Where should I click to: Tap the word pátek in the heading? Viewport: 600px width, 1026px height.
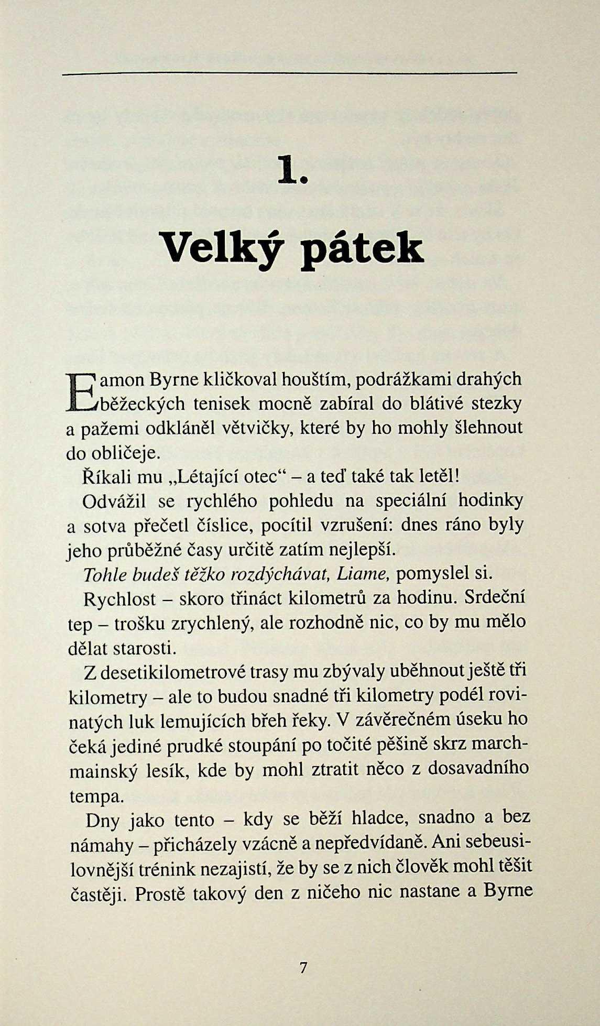(x=362, y=250)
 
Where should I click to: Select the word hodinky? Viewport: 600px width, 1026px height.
(x=490, y=500)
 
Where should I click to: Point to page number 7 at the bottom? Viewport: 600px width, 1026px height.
(x=303, y=967)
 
